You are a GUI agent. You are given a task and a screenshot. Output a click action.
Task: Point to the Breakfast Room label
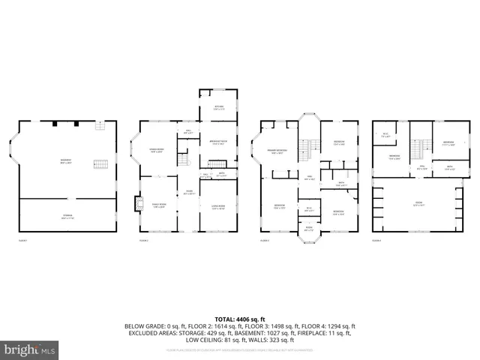217,142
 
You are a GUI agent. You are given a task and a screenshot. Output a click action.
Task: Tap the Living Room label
218,208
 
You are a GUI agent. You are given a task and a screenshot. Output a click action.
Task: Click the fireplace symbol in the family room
137,203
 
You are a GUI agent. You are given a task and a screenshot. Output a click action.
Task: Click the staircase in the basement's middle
100,165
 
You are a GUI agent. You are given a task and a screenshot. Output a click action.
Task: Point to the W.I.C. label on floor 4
385,135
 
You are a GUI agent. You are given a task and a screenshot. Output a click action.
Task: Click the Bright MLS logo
30,349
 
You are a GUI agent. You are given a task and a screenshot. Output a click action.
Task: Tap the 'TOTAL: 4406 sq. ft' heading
239,319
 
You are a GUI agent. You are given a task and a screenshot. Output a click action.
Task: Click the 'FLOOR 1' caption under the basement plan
22,241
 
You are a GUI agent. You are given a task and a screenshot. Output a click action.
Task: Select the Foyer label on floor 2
189,192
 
